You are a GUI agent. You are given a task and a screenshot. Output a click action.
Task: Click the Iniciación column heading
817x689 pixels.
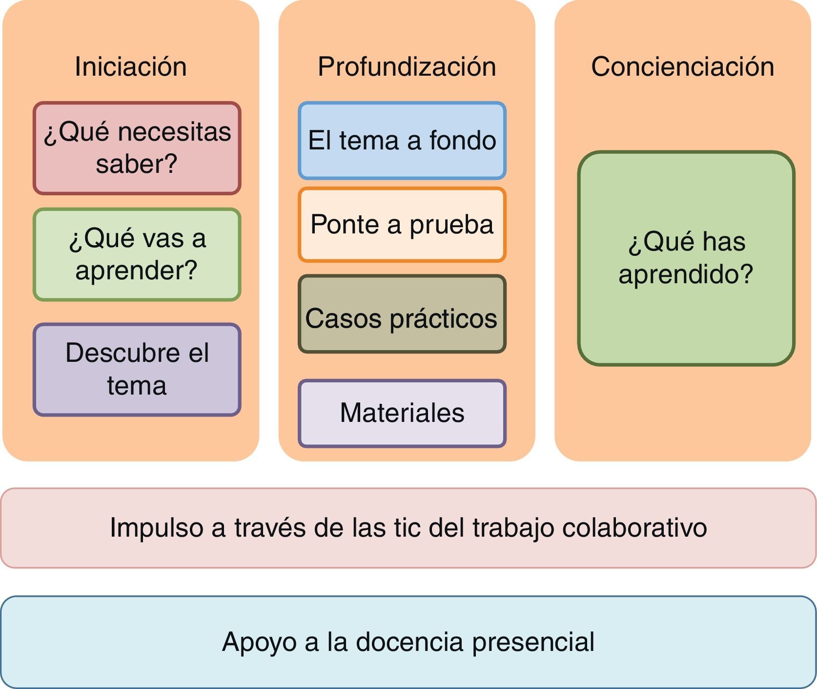(130, 66)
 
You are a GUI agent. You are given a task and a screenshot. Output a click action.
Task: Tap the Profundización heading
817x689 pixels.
(407, 66)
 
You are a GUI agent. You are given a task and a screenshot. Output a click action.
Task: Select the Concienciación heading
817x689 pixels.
(682, 66)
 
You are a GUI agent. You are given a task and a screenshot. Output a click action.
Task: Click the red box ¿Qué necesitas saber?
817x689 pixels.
(137, 147)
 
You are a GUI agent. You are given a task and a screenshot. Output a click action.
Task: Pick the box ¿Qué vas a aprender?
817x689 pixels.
(137, 254)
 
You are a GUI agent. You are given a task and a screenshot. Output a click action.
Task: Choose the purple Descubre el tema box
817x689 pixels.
(137, 369)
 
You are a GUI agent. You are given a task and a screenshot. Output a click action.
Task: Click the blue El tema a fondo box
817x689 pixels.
(402, 141)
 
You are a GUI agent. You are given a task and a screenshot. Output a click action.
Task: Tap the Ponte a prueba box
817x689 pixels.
(402, 225)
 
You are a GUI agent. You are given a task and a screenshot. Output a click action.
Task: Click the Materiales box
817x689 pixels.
(402, 413)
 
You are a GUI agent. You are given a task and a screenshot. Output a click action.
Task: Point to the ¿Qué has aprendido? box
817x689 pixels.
(686, 258)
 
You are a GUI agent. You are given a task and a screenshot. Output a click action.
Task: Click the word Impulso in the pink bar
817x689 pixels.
(156, 528)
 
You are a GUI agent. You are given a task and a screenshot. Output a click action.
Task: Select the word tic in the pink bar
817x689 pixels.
(407, 528)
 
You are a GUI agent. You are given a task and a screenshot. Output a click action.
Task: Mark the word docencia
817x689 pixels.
(409, 642)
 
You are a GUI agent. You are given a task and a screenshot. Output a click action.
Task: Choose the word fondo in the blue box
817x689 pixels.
(463, 141)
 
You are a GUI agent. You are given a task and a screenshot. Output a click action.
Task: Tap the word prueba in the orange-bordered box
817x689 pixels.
(451, 225)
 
